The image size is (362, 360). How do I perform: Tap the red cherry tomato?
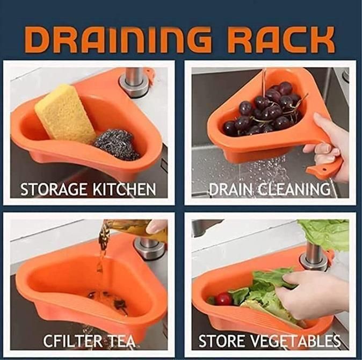pyautogui.click(x=223, y=299)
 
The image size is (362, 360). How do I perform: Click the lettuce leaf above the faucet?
pyautogui.click(x=325, y=234)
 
